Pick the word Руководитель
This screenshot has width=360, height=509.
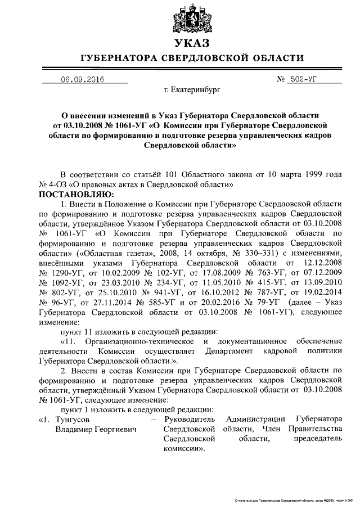click(188, 420)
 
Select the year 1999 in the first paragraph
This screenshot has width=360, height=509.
click(312, 173)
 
